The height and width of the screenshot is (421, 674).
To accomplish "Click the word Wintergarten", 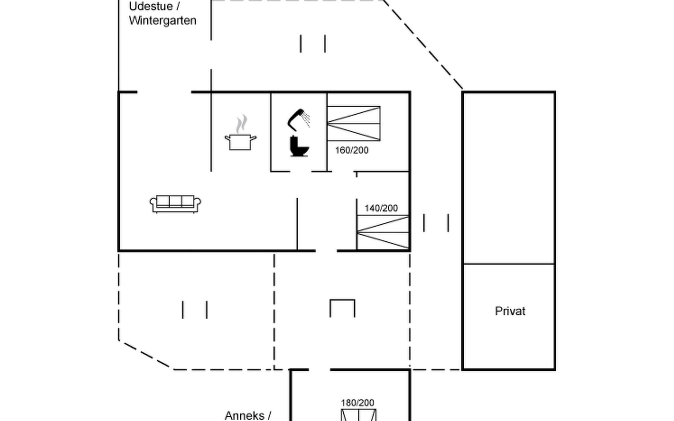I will click(163, 20).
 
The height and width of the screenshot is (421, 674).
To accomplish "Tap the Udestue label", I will click(151, 6).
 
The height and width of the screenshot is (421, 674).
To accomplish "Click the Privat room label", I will click(510, 311).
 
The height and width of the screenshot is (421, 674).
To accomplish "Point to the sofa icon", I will click(175, 204).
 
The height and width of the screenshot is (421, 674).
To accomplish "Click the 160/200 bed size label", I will click(352, 150).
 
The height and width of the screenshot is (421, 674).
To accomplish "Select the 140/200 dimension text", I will click(381, 208).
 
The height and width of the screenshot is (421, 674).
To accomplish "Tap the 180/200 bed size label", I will click(357, 403).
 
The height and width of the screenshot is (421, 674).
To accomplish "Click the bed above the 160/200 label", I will click(353, 123).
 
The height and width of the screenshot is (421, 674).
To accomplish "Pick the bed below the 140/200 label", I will click(383, 232).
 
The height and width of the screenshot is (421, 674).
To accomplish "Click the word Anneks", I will click(244, 415).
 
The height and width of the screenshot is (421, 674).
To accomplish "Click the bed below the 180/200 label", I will click(358, 415).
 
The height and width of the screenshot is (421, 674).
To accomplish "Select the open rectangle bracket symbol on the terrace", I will click(342, 308).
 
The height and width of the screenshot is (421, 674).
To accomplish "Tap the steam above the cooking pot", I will click(241, 123).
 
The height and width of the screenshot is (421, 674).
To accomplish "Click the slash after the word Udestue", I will click(178, 6).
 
